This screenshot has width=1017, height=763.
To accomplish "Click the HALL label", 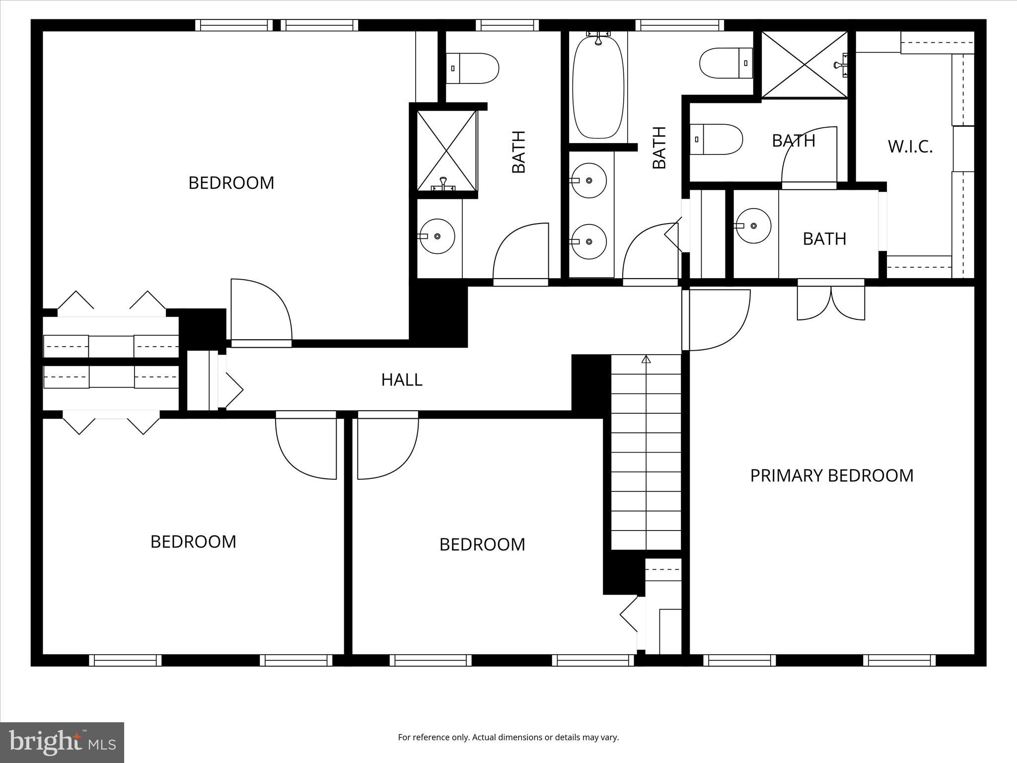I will [402, 380].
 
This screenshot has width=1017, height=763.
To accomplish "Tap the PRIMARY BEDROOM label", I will [831, 476].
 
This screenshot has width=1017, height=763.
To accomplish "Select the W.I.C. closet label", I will [910, 147].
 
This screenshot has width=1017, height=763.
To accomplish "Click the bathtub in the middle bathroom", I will [598, 89].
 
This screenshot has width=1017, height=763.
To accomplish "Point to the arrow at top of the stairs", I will [646, 359].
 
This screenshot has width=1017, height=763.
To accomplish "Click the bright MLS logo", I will [62, 742].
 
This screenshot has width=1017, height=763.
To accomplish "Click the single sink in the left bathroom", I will [437, 236].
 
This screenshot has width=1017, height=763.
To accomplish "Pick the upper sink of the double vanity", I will [588, 180].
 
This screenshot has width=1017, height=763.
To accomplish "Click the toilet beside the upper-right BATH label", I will [716, 140].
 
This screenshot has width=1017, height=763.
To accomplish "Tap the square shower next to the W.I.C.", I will [804, 65].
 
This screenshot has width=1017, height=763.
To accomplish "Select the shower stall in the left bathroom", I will [446, 151].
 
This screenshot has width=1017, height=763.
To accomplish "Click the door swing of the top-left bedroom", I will [261, 310].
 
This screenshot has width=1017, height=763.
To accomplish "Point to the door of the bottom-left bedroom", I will [306, 447].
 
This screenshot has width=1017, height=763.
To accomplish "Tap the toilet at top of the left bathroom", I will [472, 69].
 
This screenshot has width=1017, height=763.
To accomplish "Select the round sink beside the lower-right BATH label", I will [753, 226].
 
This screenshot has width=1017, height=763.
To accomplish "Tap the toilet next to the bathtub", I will [726, 63].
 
